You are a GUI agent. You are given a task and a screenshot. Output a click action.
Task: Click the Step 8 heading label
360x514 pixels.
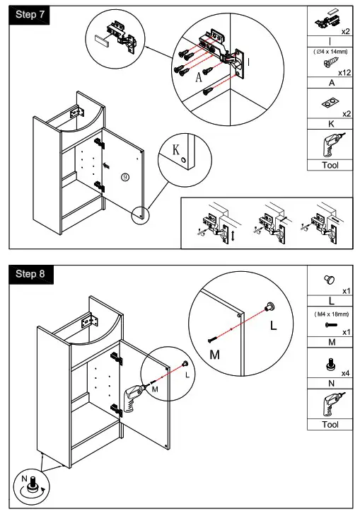pos(30,274)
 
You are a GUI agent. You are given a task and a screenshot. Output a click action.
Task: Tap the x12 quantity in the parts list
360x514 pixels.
pos(344,73)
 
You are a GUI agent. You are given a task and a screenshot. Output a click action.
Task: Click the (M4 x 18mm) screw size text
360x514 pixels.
pos(330,314)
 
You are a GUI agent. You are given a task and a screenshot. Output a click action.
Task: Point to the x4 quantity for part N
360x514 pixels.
pos(345,373)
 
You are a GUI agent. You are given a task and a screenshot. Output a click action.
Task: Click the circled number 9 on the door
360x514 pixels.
pos(125,177)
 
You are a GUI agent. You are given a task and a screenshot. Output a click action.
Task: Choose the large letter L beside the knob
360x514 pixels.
pos(273,328)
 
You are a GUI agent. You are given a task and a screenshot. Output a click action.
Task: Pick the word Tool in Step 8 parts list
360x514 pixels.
pos(330,425)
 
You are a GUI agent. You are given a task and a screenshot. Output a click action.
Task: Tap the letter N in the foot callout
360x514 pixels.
pos(23,480)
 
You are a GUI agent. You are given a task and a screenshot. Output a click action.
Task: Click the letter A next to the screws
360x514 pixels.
pos(199,79)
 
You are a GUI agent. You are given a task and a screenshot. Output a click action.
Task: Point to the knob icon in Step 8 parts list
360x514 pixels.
pos(327,279)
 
